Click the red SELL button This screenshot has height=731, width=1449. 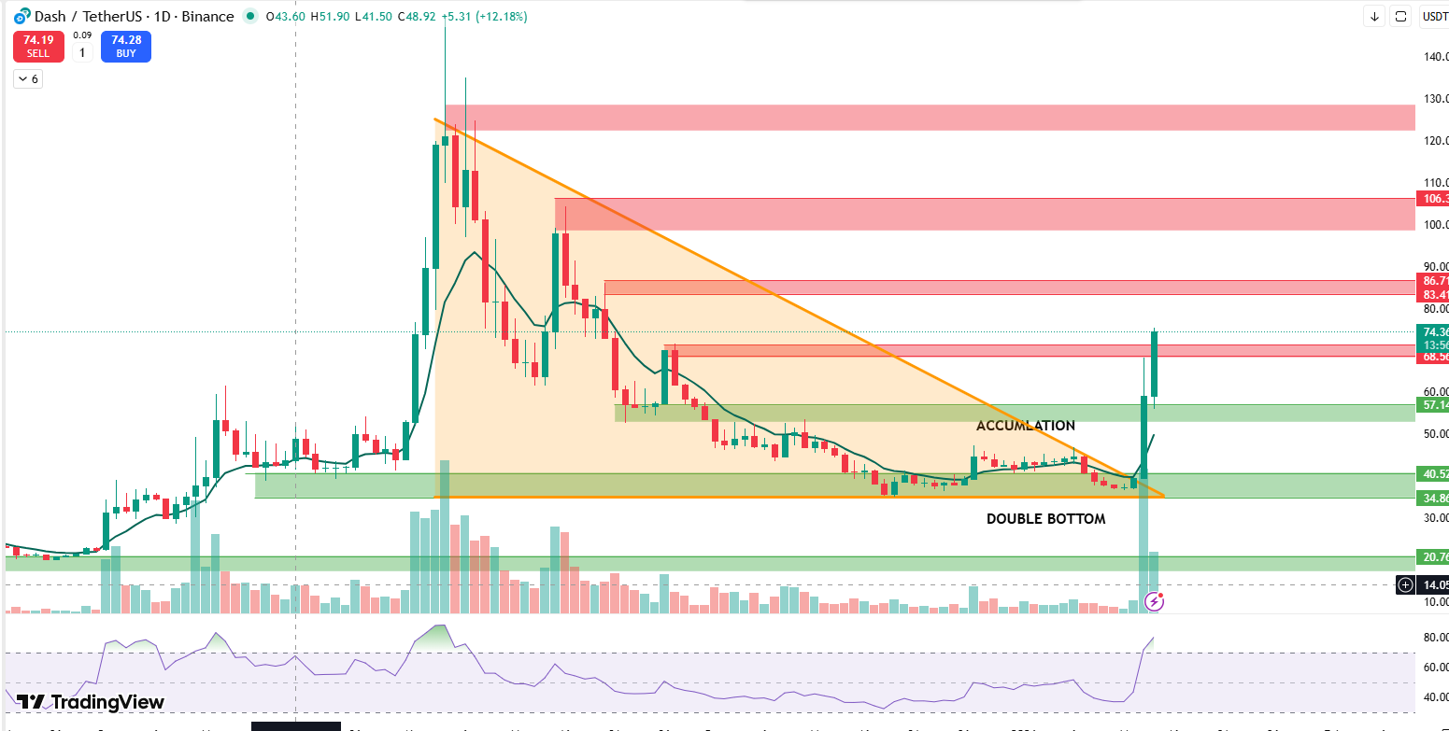coord(38,47)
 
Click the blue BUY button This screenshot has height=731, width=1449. coord(126,47)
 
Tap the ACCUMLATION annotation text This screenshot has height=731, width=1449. coord(1025,426)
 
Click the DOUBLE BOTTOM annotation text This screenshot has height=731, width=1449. coord(1045,518)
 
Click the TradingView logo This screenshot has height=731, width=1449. coord(91,702)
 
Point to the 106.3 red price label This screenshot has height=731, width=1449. coord(1433,199)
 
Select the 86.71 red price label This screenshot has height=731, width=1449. coord(1434,281)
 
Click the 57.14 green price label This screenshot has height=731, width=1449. coord(1434,405)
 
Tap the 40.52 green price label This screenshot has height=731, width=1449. coord(1434,474)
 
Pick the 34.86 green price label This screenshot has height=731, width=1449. coord(1434,499)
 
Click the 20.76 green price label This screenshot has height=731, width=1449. coord(1434,557)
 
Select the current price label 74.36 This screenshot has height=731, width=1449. coord(1434,332)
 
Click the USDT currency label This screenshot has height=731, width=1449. coord(1434,16)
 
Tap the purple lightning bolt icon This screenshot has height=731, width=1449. coord(1155,602)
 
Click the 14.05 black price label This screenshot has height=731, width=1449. coord(1434,585)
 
